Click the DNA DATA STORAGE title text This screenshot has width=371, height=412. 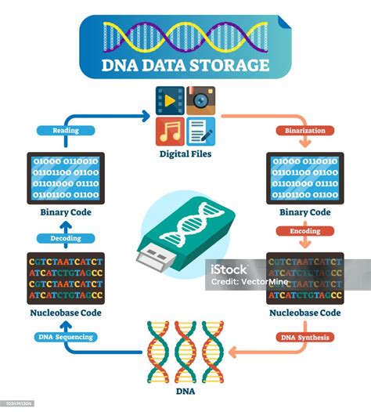(x=185, y=66)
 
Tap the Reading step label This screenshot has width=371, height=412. (x=65, y=131)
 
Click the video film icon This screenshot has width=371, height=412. (x=169, y=100)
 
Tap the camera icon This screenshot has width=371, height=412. (x=201, y=100)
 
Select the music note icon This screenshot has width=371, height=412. (x=169, y=132)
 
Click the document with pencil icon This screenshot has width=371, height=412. (x=201, y=132)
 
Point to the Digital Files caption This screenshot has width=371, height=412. (x=185, y=155)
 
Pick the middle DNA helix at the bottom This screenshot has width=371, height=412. (x=185, y=351)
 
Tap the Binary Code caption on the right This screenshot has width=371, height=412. (x=304, y=212)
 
